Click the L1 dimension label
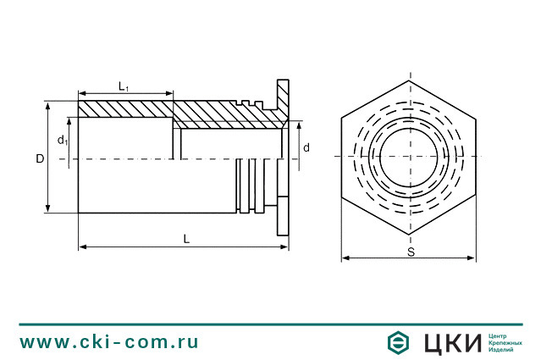(123, 86)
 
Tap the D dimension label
(40, 158)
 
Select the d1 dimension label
(63, 140)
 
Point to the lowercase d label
(306, 147)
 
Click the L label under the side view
(186, 239)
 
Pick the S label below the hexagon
(411, 252)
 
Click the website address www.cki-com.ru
(109, 342)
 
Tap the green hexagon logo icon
(398, 342)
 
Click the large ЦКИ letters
(452, 343)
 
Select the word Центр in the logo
(497, 335)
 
